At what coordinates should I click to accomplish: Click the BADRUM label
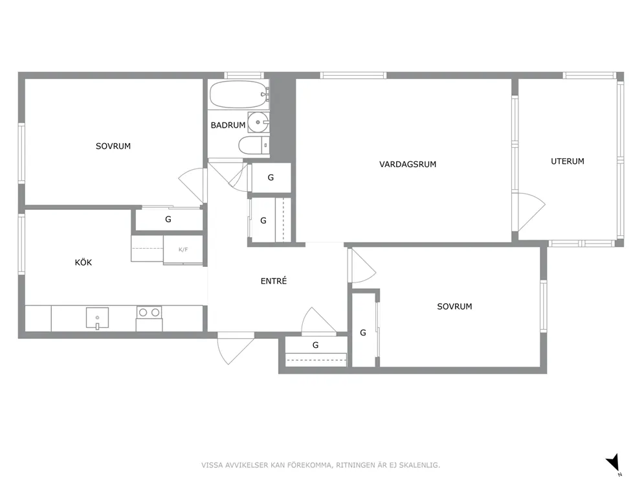tap(228, 125)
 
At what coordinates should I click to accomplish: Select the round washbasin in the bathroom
tap(258, 122)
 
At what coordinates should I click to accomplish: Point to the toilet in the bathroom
tap(254, 145)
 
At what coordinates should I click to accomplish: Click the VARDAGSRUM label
tap(407, 165)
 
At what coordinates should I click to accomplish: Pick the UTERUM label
tap(567, 161)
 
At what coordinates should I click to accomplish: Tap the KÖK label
tap(83, 262)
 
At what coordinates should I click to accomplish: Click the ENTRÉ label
tap(274, 281)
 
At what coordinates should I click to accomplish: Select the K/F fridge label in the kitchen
tap(183, 249)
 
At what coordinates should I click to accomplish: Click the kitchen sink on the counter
tap(98, 318)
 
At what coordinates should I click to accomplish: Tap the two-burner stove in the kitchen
tap(149, 313)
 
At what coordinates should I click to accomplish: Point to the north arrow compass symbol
tap(614, 464)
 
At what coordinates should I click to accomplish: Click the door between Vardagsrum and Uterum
tap(530, 212)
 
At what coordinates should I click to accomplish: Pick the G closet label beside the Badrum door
tap(271, 178)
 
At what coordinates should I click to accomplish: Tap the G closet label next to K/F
tap(168, 219)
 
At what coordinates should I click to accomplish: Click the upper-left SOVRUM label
tap(113, 146)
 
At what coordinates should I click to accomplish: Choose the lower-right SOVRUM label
tap(454, 306)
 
